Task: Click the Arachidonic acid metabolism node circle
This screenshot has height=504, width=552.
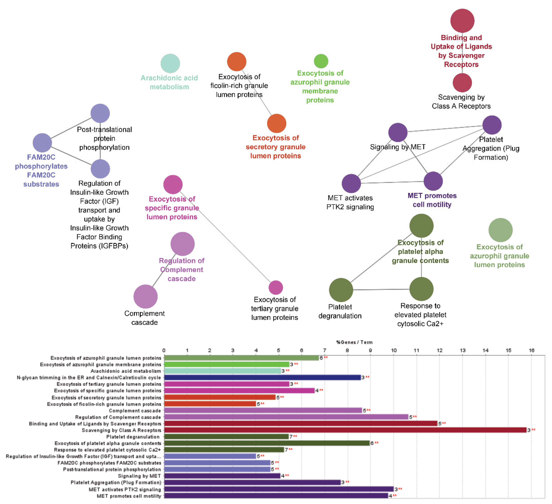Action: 170,64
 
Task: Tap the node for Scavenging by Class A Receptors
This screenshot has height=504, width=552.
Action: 462,83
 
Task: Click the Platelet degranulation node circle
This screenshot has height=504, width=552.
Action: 341,290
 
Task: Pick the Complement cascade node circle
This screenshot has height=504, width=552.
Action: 145,297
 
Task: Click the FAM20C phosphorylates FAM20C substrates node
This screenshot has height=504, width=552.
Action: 42,143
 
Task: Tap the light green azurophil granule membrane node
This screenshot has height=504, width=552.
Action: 321,61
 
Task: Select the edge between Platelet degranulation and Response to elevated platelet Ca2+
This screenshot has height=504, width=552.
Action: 381,289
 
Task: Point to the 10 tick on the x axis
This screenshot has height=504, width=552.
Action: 393,350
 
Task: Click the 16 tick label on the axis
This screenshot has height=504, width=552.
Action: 531,350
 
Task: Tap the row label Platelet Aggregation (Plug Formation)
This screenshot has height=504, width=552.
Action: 116,482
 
